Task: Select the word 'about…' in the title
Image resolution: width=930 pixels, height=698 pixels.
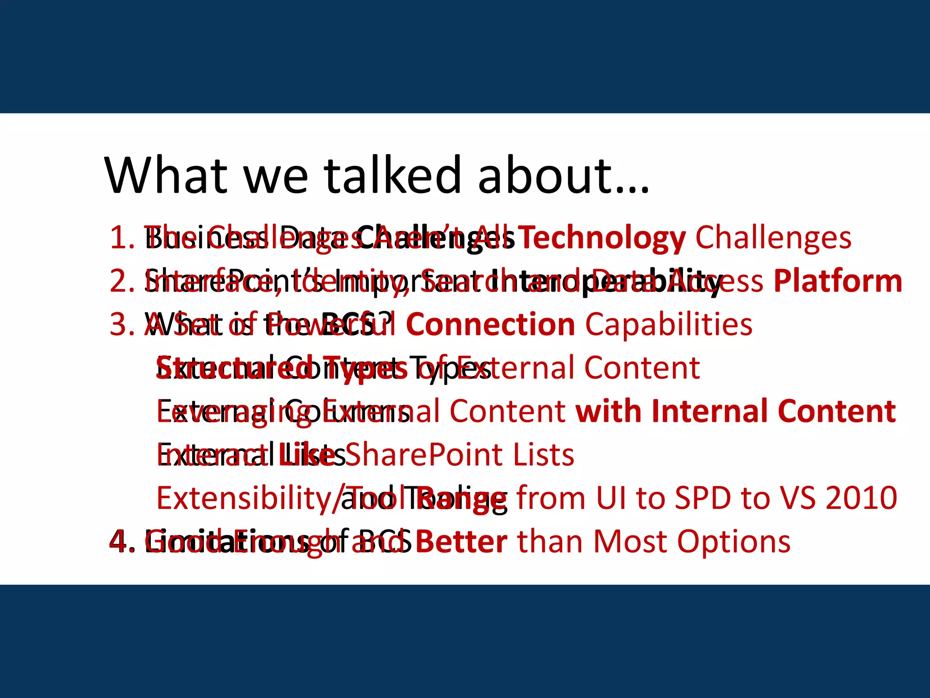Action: coord(563,175)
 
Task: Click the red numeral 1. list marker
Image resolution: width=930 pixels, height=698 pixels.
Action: coord(122,238)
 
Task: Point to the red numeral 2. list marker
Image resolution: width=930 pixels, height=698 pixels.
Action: coord(122,281)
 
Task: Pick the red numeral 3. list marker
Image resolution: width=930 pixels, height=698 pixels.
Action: coord(122,325)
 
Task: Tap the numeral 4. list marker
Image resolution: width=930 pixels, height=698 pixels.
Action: coord(122,542)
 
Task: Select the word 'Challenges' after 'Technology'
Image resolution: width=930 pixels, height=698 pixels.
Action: coord(773,238)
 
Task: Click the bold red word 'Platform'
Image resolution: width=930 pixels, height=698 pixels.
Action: coord(838,281)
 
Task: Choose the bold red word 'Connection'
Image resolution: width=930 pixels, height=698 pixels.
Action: coord(490,325)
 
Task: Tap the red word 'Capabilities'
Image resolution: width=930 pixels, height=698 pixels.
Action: coord(668,325)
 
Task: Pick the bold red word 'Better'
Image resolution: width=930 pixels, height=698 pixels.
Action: coord(461,542)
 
